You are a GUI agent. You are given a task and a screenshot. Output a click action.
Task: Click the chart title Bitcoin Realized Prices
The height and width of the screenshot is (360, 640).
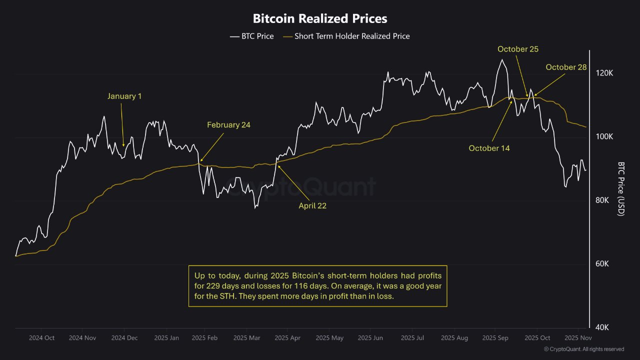tap(320, 19)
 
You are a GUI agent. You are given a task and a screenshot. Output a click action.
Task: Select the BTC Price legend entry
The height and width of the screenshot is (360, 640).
tap(252, 36)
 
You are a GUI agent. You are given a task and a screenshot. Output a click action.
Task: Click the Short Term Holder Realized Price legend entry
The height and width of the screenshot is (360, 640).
tap(346, 36)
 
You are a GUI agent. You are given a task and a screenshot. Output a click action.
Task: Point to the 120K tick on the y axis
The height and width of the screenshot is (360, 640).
tap(605, 73)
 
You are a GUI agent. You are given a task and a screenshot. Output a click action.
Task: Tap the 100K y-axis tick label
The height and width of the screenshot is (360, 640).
tap(605, 136)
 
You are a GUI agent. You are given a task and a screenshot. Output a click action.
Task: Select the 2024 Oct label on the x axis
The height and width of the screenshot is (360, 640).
tap(42, 338)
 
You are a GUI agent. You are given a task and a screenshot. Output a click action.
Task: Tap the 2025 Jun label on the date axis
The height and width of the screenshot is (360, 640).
tap(371, 338)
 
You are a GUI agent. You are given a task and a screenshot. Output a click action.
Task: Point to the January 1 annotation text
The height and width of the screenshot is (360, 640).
tap(124, 96)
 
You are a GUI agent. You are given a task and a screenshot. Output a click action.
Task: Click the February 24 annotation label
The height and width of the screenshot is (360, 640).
tap(228, 125)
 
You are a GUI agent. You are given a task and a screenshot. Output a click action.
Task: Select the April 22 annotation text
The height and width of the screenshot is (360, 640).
tap(312, 205)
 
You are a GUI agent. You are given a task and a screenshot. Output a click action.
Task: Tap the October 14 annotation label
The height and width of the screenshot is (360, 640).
tap(489, 148)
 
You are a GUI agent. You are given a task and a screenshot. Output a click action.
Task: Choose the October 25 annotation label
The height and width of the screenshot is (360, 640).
tap(518, 49)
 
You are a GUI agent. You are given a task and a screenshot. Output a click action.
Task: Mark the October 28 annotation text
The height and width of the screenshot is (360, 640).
tap(566, 67)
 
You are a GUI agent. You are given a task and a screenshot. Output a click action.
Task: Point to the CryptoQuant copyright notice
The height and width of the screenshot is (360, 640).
tap(583, 349)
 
